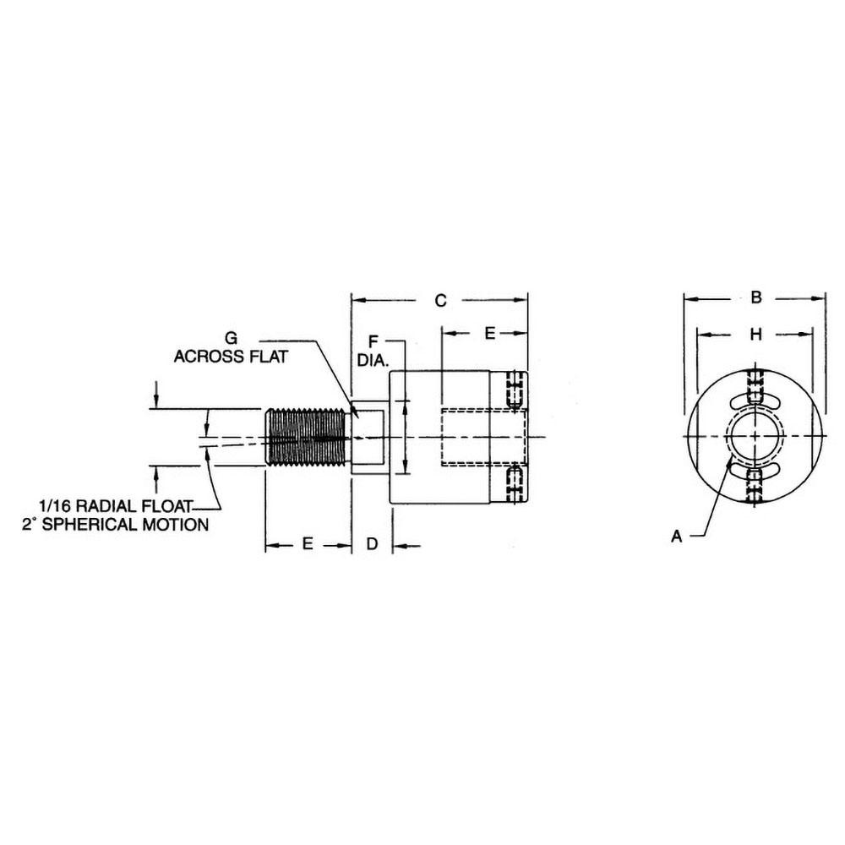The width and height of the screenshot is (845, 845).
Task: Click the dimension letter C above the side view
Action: pos(439,300)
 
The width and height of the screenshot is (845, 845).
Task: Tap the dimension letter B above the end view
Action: pos(756,297)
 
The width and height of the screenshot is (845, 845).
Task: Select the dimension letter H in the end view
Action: pos(756,335)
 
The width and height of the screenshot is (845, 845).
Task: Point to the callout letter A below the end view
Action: pos(676,536)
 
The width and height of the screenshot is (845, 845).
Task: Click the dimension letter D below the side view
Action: pos(372,545)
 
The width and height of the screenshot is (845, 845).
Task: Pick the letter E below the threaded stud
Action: pos(308,545)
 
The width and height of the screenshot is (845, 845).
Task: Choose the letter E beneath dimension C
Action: pos(489,334)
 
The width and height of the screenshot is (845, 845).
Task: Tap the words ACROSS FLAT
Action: pos(231,357)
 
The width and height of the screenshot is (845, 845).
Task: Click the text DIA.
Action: pos(370,359)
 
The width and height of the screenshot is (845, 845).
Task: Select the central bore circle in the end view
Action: pos(756,436)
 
